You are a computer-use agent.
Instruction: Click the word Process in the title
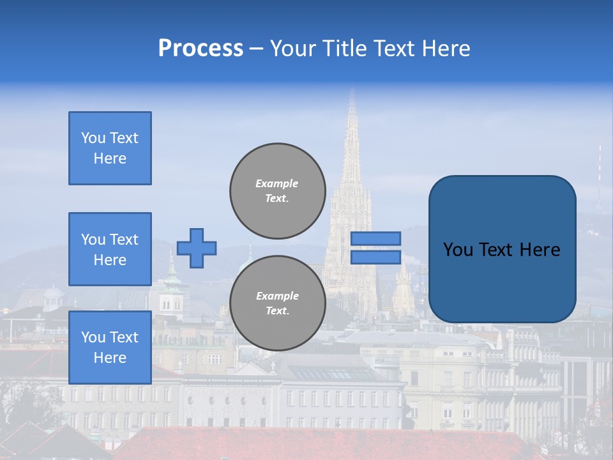(201, 49)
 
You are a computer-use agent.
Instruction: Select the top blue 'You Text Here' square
(110, 148)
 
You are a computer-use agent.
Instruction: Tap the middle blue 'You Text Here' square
(110, 249)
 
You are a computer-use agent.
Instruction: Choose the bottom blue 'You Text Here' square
(110, 347)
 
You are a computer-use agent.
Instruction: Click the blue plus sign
(197, 248)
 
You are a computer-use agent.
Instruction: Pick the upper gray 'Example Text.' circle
(277, 190)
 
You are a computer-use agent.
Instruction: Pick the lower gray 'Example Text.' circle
(277, 303)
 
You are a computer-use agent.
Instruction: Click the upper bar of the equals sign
(375, 238)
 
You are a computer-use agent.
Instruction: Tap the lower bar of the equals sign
(375, 257)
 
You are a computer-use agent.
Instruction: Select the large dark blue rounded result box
(502, 249)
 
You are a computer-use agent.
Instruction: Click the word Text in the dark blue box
(502, 250)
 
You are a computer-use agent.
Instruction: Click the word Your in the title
(293, 49)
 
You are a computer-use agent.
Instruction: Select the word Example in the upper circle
(277, 183)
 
